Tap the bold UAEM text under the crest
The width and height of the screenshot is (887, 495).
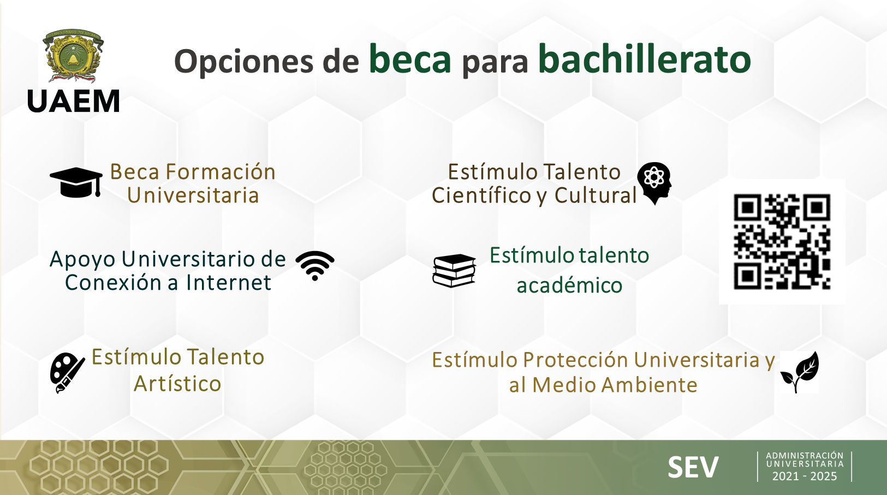click(74, 101)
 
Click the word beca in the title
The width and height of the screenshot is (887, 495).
click(410, 59)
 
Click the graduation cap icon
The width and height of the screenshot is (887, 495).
click(76, 182)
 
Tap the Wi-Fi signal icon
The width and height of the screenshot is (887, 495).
click(315, 266)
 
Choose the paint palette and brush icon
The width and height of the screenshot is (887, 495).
click(67, 373)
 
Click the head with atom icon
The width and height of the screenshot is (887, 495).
click(654, 183)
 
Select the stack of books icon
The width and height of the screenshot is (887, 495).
click(454, 271)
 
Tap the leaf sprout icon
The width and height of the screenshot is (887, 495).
click(800, 372)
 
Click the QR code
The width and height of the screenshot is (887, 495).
click(782, 242)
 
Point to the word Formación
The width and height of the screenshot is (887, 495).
click(221, 172)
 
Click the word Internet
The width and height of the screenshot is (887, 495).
click(229, 283)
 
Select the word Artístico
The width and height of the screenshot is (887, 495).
click(177, 384)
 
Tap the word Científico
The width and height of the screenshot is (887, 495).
click(481, 195)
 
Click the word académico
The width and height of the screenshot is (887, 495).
click(569, 285)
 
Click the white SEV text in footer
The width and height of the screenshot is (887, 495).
click(693, 467)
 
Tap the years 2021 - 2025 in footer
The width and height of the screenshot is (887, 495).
click(805, 476)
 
